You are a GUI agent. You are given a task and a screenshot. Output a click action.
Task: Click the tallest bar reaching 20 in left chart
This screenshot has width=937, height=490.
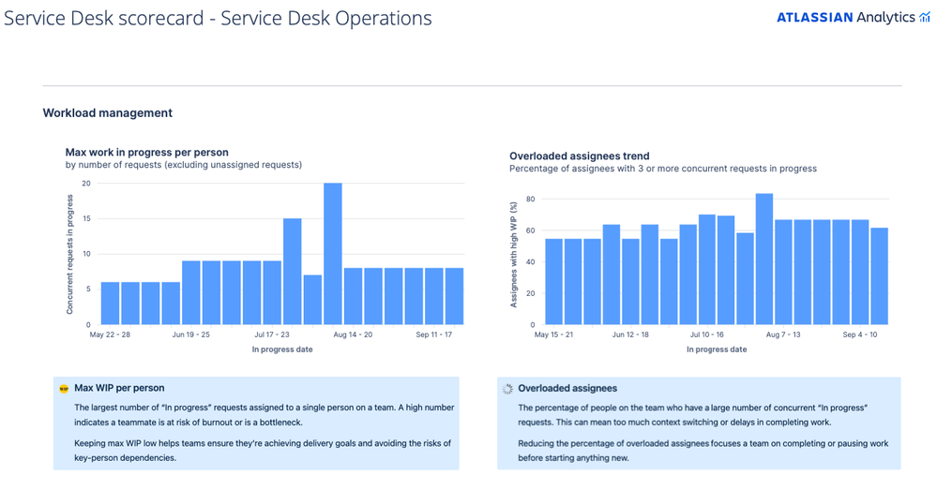333,254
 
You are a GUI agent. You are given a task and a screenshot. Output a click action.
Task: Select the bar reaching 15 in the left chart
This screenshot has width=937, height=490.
293,272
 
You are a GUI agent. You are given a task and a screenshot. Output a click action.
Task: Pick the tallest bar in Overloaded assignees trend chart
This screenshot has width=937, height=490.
764,259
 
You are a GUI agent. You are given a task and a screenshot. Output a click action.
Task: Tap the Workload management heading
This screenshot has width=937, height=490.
107,113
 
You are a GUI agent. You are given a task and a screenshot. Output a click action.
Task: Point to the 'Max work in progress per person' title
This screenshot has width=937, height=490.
146,152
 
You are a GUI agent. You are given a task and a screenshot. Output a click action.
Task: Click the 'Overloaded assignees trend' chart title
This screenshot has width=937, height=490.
579,156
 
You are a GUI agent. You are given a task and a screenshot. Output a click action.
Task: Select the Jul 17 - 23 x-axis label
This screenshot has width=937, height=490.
272,334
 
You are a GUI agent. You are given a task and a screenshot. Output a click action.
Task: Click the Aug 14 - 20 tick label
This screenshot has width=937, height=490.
353,334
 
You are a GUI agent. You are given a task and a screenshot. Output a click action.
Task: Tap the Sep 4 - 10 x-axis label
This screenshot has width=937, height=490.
860,334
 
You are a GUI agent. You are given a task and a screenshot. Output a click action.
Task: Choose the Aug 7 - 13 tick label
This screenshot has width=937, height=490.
783,334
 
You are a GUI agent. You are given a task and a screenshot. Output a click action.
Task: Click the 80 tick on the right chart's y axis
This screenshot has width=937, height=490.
530,199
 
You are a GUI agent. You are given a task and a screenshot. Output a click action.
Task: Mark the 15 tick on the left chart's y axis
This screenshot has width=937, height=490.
85,218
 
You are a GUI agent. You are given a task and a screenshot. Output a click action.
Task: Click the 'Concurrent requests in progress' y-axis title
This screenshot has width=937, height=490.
70,254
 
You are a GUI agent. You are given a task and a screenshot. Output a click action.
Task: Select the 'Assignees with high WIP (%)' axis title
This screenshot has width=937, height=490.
514,254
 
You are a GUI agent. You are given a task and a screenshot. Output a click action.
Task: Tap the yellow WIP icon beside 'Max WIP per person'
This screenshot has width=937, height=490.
64,388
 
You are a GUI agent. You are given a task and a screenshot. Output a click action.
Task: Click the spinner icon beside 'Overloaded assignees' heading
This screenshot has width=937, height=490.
507,388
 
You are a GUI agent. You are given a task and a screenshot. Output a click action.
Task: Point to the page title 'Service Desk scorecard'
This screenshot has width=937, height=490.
218,18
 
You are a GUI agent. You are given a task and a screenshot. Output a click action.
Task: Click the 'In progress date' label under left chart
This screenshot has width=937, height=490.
282,349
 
